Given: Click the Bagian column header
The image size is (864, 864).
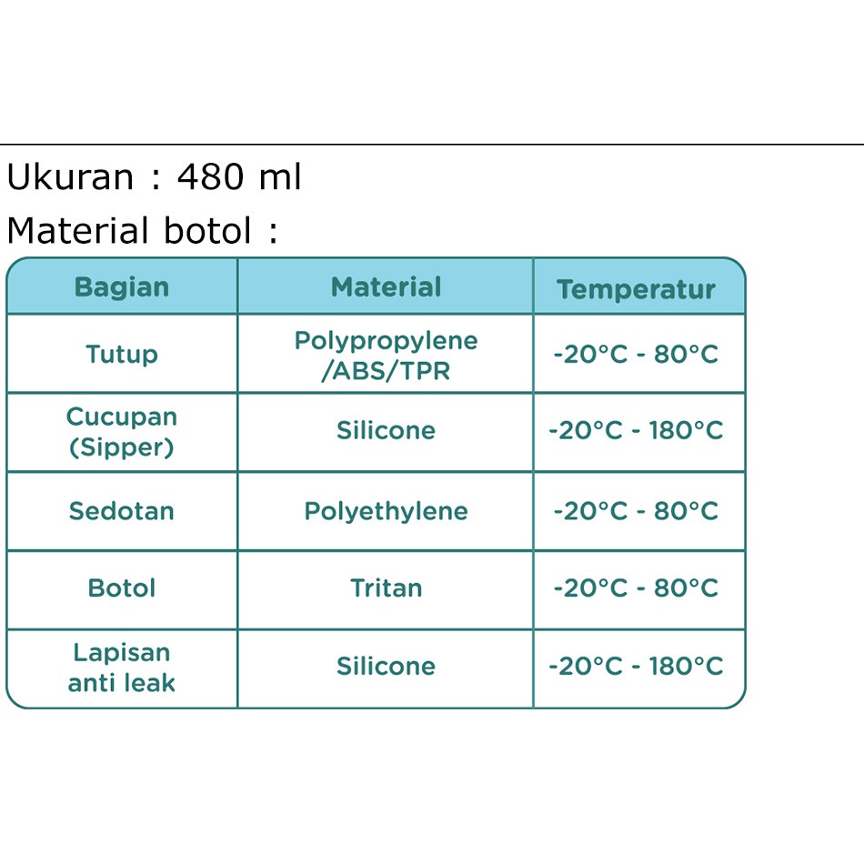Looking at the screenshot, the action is pyautogui.click(x=122, y=287).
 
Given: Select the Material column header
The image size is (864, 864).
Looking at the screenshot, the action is pyautogui.click(x=386, y=287).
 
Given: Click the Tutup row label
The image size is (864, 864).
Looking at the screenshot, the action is pyautogui.click(x=122, y=354).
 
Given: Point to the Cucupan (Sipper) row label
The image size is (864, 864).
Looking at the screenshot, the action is pyautogui.click(x=122, y=431).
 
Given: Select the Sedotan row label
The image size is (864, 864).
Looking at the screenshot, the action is pyautogui.click(x=122, y=511).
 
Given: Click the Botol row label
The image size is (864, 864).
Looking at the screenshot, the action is pyautogui.click(x=122, y=588).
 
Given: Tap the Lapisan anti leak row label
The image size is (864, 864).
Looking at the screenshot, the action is pyautogui.click(x=122, y=668).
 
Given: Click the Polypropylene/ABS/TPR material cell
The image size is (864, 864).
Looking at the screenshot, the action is pyautogui.click(x=386, y=356).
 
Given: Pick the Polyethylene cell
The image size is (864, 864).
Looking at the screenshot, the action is pyautogui.click(x=386, y=512).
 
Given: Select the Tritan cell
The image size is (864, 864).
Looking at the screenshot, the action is pyautogui.click(x=386, y=588).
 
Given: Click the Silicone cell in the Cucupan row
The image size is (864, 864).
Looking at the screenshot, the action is pyautogui.click(x=386, y=430).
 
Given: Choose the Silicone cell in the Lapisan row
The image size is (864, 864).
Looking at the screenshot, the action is pyautogui.click(x=386, y=666).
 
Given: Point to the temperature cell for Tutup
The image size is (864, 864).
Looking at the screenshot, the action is pyautogui.click(x=636, y=354).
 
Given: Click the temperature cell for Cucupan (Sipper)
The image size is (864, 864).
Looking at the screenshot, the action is pyautogui.click(x=636, y=430).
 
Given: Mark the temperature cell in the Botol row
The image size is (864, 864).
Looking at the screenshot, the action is pyautogui.click(x=636, y=588).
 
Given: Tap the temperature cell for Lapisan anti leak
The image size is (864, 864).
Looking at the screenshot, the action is pyautogui.click(x=636, y=666).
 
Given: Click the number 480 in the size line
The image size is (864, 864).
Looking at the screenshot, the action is pyautogui.click(x=210, y=176).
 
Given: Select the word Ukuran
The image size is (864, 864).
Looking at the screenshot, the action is pyautogui.click(x=70, y=176).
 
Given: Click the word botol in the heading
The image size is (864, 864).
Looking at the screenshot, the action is pyautogui.click(x=207, y=230).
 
